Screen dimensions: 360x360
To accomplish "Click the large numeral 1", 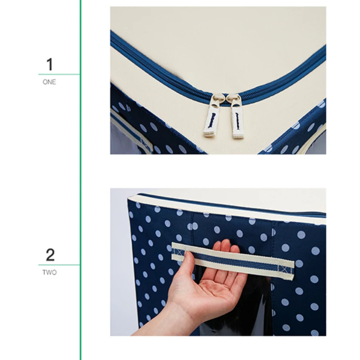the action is (x=50, y=64).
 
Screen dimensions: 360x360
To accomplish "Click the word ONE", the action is (x=49, y=82).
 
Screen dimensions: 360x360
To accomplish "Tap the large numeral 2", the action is (x=50, y=255).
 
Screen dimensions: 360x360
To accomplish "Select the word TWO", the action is (x=49, y=272).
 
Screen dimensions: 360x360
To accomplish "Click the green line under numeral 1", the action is (x=59, y=74).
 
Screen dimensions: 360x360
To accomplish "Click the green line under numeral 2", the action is (x=59, y=265).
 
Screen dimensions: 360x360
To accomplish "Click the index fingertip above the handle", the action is (x=226, y=243).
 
